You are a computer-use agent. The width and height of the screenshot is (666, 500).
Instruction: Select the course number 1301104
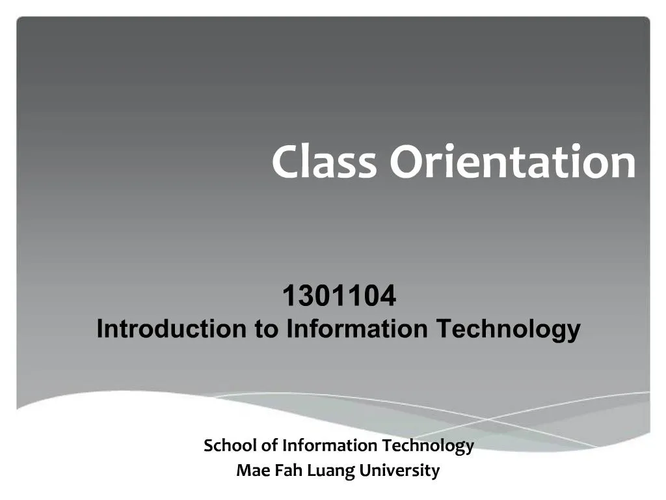(x=339, y=297)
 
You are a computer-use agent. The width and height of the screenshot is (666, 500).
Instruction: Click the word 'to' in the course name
(x=265, y=329)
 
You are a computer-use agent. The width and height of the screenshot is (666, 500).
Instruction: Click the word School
(x=230, y=446)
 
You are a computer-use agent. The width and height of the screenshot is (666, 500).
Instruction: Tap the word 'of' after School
(x=269, y=446)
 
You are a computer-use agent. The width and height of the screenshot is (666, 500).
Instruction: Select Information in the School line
(x=330, y=446)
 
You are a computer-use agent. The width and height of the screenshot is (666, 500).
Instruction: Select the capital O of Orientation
(x=406, y=163)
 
